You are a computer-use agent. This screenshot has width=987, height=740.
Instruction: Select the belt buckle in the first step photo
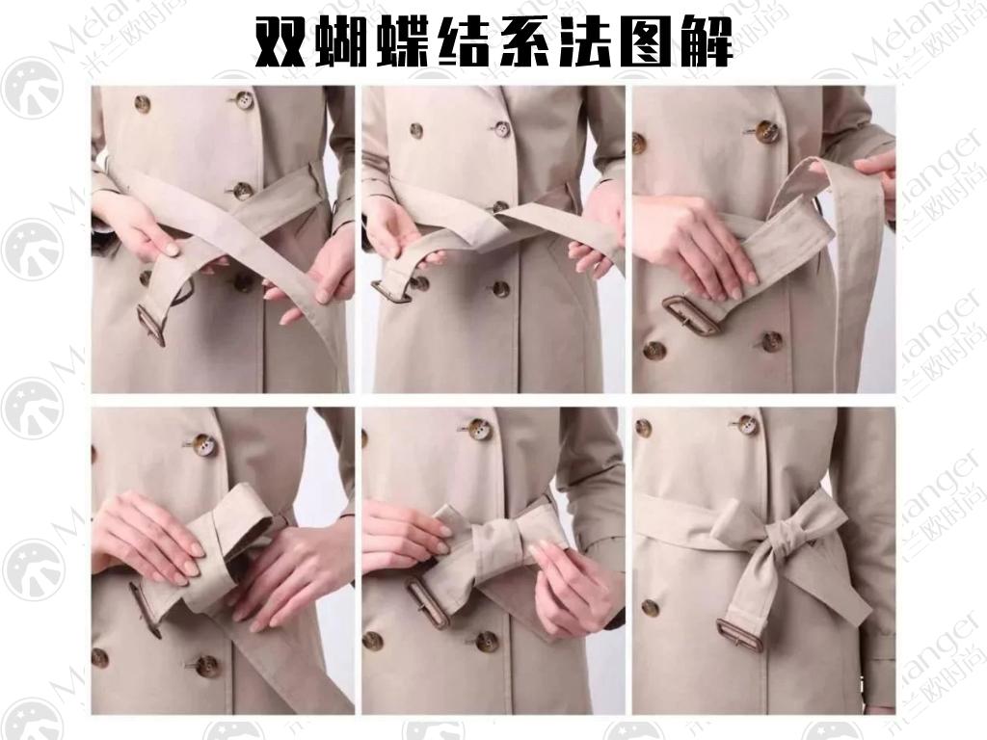pyautogui.click(x=151, y=325)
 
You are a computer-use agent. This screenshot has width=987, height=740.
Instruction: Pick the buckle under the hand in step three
pyautogui.click(x=690, y=316)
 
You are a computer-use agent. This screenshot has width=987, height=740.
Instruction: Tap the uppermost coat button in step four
pyautogui.click(x=203, y=444)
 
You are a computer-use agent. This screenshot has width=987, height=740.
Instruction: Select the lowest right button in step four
pyautogui.click(x=206, y=665)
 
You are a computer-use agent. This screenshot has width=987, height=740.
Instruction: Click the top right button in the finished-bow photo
pyautogui.click(x=746, y=424)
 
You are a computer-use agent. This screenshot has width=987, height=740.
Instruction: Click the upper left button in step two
pyautogui.click(x=416, y=130)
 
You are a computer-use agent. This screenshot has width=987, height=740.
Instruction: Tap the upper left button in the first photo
pyautogui.click(x=143, y=103)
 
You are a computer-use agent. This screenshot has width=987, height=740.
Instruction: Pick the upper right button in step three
pyautogui.click(x=766, y=132)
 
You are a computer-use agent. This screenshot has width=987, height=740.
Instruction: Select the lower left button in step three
pyautogui.click(x=654, y=350)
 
